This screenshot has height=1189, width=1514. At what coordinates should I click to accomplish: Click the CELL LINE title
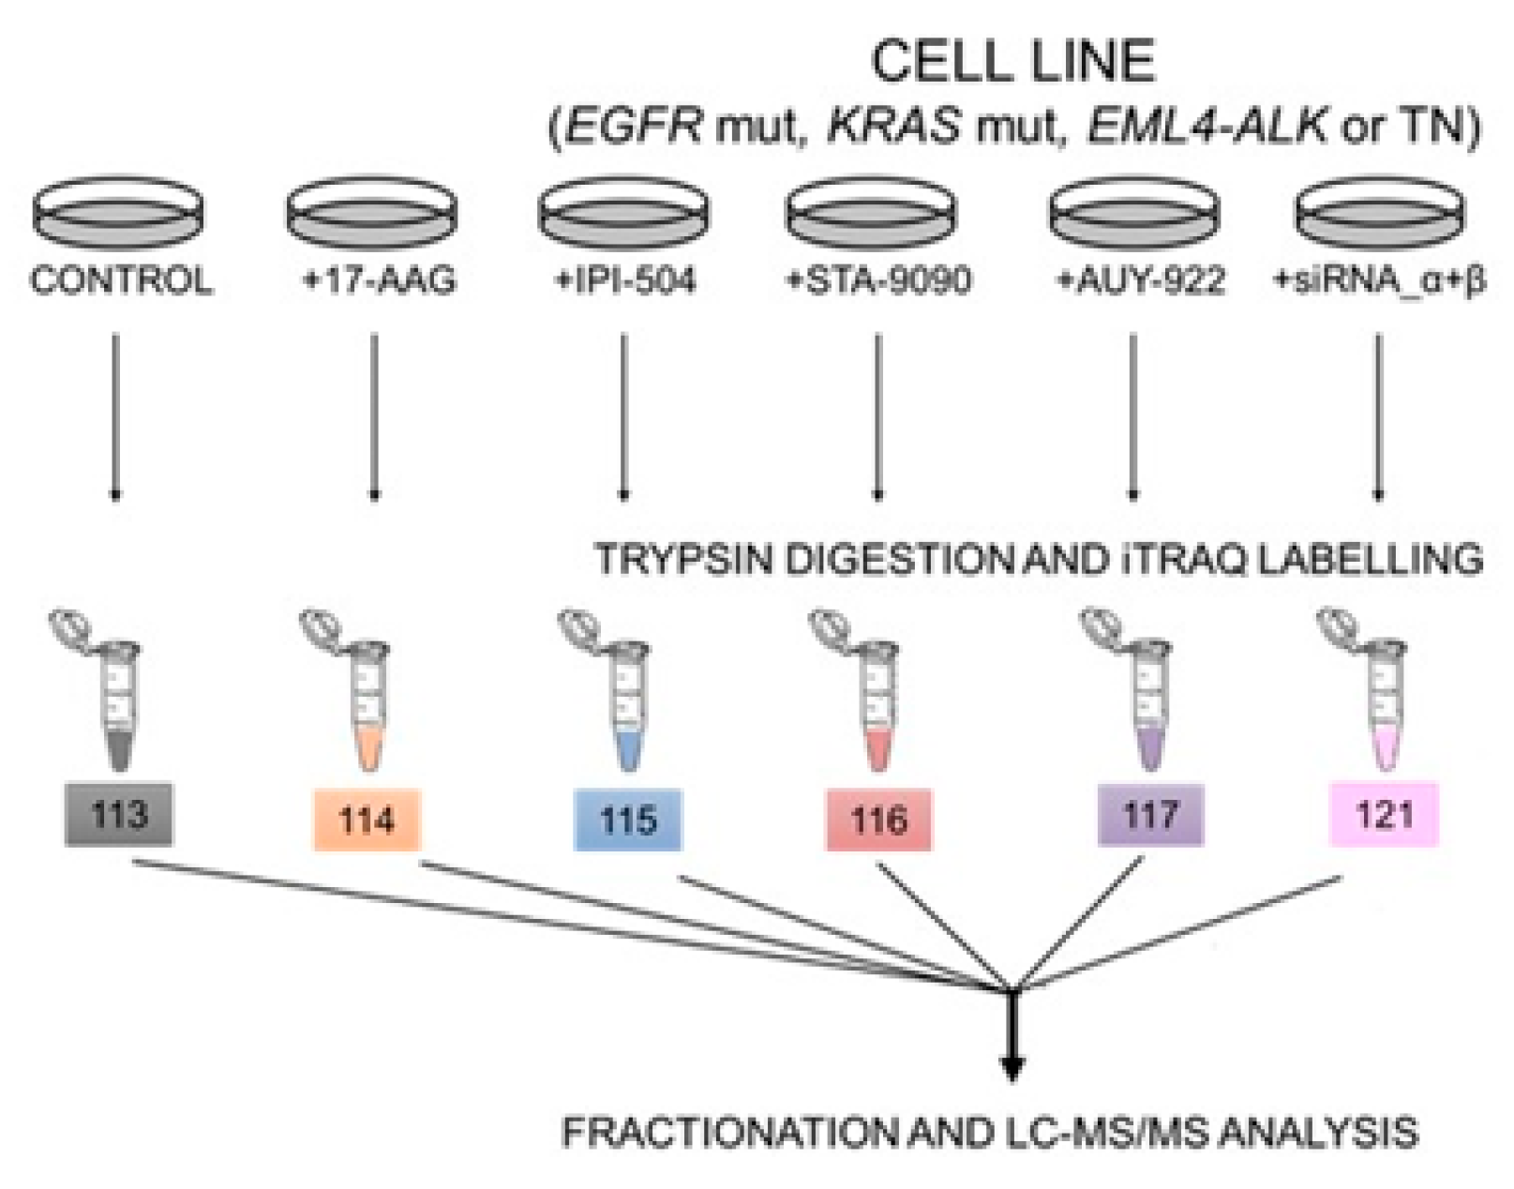point(1013,62)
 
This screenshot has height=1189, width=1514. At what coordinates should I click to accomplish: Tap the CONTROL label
point(121,281)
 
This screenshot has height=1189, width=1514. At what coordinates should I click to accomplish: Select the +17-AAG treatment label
point(380,281)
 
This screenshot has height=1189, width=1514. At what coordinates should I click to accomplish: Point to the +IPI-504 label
point(624,281)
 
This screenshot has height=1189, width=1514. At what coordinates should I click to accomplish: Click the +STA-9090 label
point(877,281)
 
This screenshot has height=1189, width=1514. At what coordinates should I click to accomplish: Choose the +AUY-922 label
point(1140,281)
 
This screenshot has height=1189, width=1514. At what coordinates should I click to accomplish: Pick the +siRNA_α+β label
point(1379,282)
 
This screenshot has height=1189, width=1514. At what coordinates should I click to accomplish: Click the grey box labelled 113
point(118,814)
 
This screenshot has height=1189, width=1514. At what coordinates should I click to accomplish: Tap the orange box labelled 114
point(367,820)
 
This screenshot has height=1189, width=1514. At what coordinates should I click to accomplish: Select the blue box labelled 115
point(628,820)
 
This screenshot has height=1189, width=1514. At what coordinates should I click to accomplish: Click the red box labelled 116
point(878,820)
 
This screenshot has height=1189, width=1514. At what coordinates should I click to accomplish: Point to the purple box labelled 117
point(1150,815)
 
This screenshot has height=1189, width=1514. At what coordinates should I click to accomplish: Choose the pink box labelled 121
point(1384,815)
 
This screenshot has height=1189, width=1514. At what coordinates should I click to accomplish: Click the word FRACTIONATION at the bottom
point(729,1134)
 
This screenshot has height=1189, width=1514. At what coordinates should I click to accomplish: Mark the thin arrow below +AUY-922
point(1132,417)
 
